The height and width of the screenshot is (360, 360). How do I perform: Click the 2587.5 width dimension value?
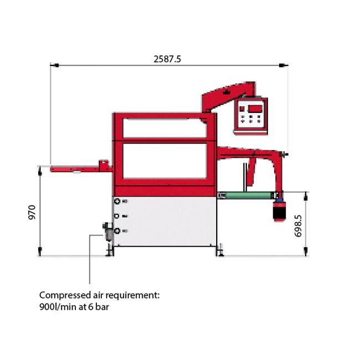[x=167, y=59]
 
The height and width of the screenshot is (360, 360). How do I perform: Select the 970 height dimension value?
[x=32, y=212]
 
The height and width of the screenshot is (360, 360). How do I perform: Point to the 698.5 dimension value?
[x=298, y=226]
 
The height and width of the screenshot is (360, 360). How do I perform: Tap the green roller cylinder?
[x=249, y=196]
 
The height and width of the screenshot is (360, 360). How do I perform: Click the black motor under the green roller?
[x=279, y=211]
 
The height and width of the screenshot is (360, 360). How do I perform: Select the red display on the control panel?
[x=255, y=109]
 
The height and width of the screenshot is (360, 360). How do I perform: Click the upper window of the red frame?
[x=165, y=128]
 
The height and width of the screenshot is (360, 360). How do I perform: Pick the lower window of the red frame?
[x=165, y=161]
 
